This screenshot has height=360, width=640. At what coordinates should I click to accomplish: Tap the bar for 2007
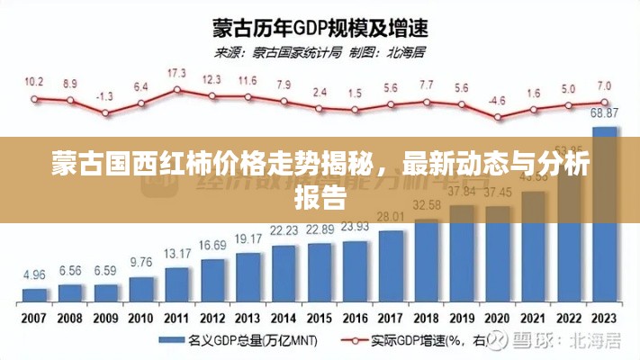point(34,294)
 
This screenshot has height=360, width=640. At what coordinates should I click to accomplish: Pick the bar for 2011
point(177,283)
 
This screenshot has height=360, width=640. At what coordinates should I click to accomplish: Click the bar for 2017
point(391,266)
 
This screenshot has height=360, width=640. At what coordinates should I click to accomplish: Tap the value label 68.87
point(605,112)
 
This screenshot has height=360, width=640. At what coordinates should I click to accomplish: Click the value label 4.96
point(34,274)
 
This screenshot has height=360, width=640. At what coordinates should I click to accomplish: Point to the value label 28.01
point(391,217)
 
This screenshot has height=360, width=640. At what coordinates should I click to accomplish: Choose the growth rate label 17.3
point(177,72)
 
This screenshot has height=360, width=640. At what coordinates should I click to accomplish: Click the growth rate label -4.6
point(498,100)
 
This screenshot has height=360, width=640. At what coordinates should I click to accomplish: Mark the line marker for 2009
point(105,113)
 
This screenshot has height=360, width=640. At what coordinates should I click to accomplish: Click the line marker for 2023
point(605,101)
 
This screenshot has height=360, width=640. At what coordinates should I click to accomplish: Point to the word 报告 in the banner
point(320,197)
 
